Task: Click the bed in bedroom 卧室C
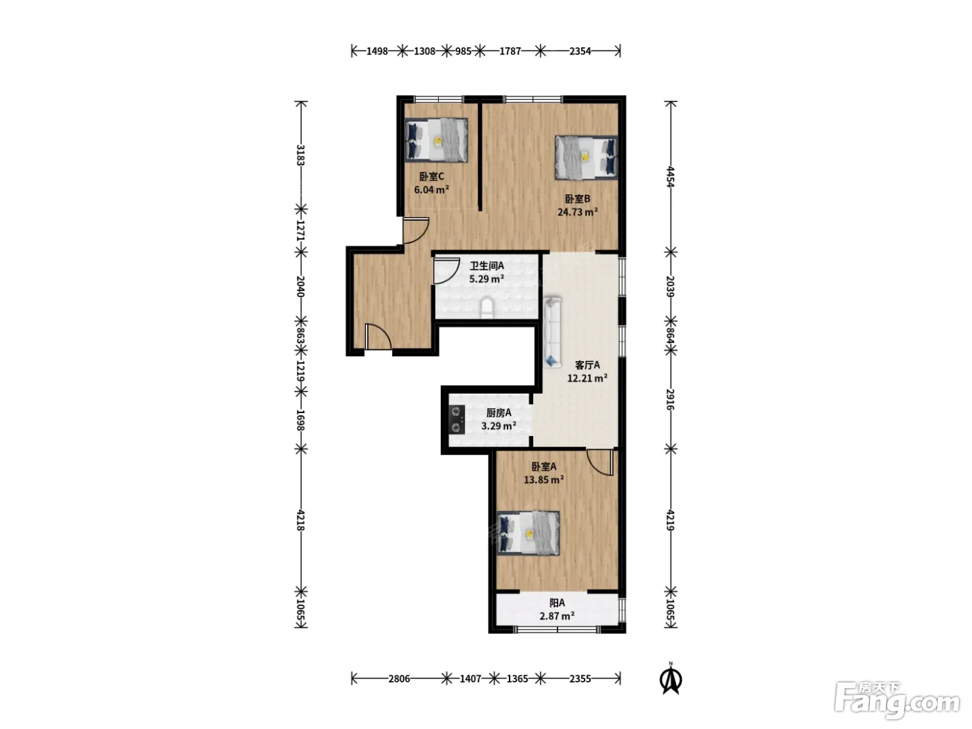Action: point(436,140)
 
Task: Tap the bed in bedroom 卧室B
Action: point(586,158)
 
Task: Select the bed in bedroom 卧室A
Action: point(528,533)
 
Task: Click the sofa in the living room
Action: point(552,332)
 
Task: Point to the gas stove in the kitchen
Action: point(457,419)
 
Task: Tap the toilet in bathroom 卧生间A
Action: point(487,308)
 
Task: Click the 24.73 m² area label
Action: point(578,212)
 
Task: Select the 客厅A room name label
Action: point(587,365)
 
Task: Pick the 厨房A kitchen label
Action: point(498,413)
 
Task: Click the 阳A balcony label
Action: point(557,603)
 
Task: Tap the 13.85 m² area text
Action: point(544,480)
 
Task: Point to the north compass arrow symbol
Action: point(671,680)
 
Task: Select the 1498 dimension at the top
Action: point(377,51)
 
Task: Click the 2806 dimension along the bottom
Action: point(399,678)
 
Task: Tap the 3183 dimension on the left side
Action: point(301,155)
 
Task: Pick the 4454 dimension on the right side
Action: point(671,176)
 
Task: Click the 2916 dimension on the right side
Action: point(671,400)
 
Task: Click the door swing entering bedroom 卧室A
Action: point(601,462)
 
